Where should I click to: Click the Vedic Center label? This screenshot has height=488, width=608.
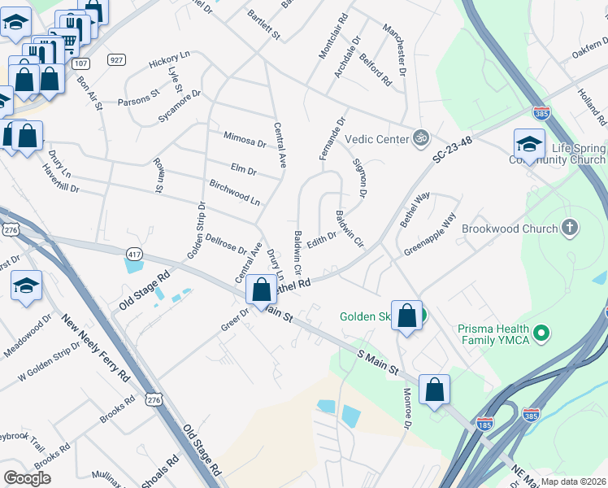(376, 139)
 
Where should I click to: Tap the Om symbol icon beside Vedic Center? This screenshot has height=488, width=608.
(419, 138)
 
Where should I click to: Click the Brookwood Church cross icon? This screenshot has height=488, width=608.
(571, 229)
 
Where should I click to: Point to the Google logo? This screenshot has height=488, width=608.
(27, 477)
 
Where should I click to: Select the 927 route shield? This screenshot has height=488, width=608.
(116, 59)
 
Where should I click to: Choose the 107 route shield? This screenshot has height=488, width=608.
(80, 63)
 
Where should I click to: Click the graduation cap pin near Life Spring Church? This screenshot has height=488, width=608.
(529, 144)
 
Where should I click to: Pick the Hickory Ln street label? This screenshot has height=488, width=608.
(169, 62)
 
